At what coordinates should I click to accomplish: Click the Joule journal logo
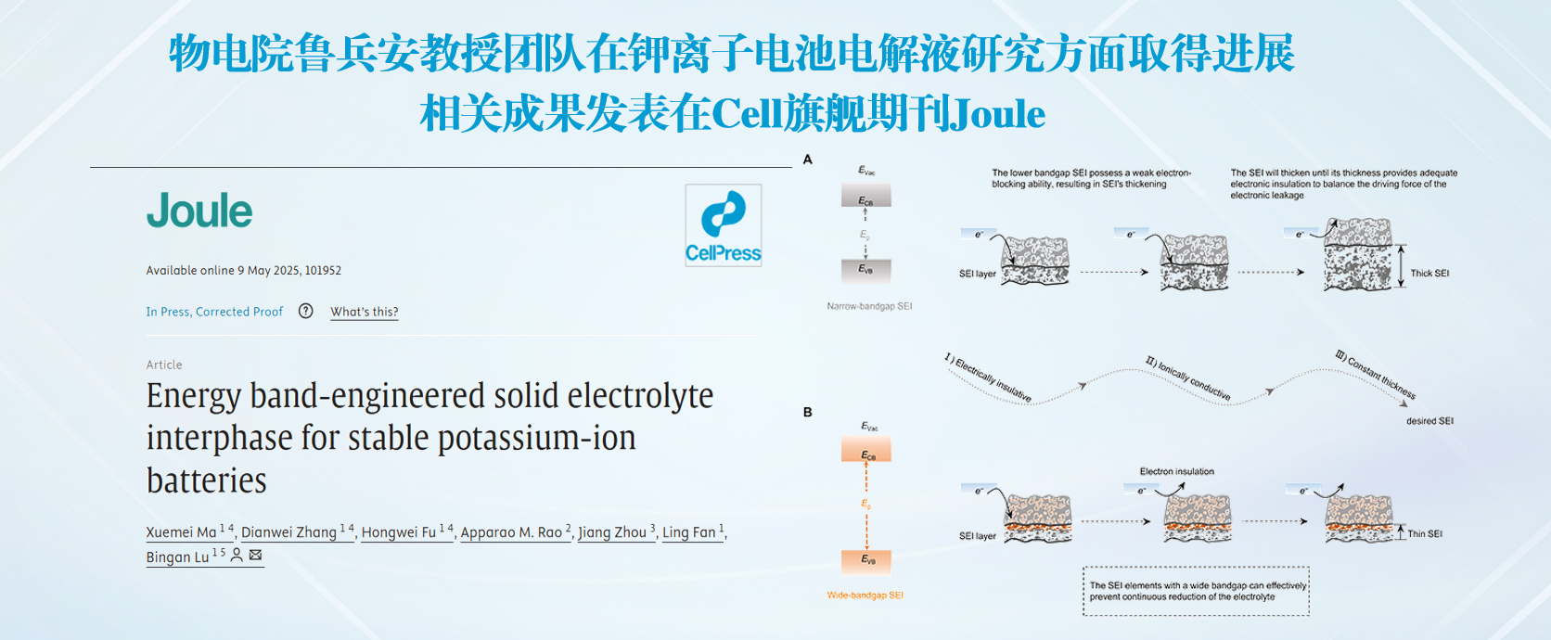pos(199,211)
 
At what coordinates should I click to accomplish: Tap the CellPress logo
pos(724,225)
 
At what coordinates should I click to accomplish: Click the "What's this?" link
pos(365,312)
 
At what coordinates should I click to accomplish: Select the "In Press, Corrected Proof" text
pos(214,312)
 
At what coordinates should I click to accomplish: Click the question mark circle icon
pos(306,311)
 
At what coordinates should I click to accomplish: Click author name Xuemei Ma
pos(181,532)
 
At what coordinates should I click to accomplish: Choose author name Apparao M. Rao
pos(511,532)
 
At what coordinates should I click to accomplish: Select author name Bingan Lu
pos(177,557)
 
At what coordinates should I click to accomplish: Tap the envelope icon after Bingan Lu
pos(256,556)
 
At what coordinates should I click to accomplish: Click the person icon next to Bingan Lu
pos(237,556)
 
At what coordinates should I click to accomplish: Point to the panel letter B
pos(808,412)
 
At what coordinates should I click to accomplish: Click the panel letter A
pos(808,160)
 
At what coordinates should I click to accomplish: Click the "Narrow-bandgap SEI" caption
pos(869,306)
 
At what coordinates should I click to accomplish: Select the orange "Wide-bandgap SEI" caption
pos(865,595)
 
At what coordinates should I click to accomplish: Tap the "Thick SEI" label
pos(1429,274)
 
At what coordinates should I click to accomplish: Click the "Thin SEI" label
pos(1425,534)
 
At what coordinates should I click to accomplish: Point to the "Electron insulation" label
pos(1176,472)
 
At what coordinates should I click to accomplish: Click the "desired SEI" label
pos(1429,421)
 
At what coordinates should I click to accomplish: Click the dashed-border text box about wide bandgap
pos(1196,591)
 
